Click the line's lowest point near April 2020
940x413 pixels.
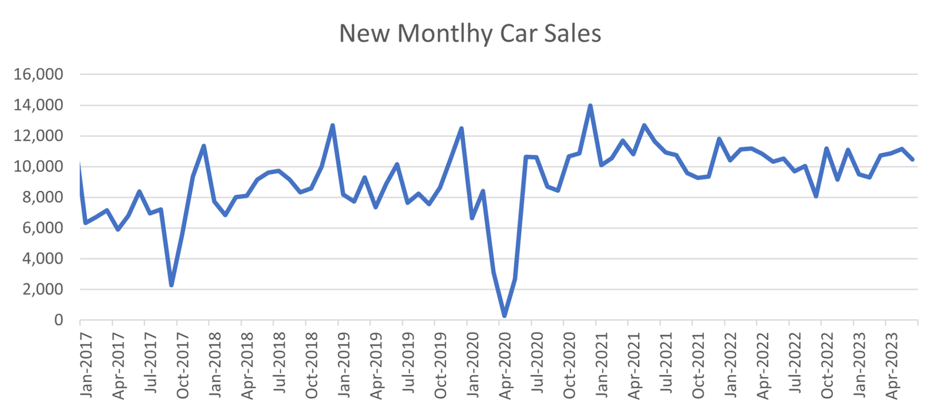504,316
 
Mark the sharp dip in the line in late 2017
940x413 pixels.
171,285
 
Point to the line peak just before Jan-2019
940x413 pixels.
333,125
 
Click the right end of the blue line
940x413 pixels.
912,159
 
